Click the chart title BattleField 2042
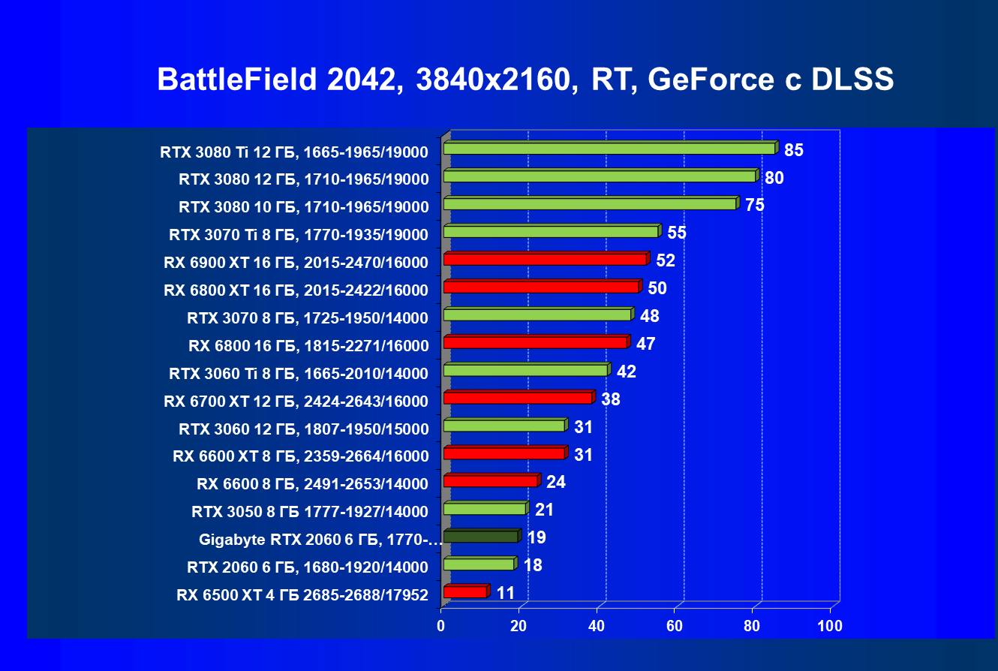275,80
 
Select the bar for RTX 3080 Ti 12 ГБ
609,149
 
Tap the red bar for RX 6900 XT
545,260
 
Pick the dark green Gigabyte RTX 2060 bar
480,537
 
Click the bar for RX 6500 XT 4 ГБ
465,592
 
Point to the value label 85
794,150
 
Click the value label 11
506,593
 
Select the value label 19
537,537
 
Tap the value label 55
677,233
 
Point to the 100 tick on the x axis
830,626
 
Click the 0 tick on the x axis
441,626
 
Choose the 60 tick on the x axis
675,626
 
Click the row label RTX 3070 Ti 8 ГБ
299,235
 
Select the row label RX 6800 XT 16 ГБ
296,290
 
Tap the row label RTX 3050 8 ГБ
310,512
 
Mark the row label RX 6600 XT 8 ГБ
300,456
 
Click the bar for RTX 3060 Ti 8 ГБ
525,371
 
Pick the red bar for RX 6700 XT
518,398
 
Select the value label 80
774,178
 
